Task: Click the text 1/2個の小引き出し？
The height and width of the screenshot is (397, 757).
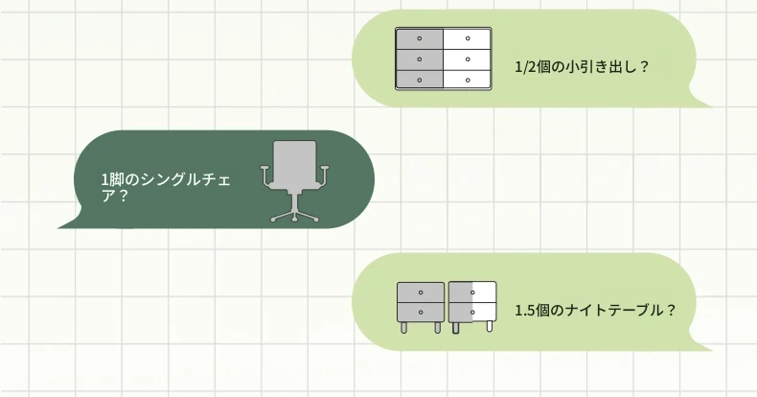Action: coord(582,67)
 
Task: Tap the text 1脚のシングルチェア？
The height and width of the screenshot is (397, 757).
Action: coord(166,187)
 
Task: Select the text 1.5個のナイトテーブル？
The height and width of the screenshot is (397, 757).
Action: coord(595,310)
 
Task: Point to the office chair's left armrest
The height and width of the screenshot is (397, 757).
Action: coord(265,175)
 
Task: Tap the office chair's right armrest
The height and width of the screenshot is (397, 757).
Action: coord(324,175)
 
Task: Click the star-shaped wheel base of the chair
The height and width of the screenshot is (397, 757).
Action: coord(294,216)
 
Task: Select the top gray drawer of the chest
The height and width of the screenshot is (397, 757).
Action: coord(420,38)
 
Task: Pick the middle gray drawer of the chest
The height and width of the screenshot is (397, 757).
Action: coord(420,59)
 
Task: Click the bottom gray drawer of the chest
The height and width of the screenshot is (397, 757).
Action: coord(420,80)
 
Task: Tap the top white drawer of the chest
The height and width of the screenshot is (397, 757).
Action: coord(467,38)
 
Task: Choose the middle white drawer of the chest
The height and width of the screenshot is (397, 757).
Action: coord(467,59)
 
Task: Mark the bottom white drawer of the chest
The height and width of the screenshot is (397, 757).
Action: coord(467,80)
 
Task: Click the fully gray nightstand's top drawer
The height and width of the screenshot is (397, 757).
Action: coord(421,292)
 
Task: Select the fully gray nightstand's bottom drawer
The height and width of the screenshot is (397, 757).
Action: coord(421,312)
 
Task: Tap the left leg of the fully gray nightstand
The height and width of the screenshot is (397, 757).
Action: coord(403,327)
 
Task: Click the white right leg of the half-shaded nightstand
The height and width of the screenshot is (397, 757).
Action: coord(489,327)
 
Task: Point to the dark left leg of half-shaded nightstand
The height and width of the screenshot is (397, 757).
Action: coord(455,328)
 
